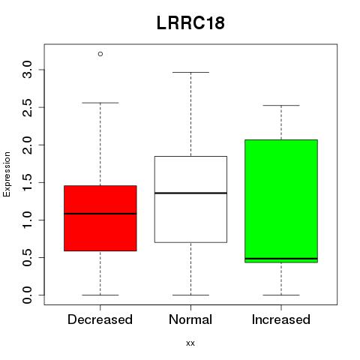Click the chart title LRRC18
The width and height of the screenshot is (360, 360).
point(190,23)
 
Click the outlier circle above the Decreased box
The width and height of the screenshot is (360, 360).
point(100,54)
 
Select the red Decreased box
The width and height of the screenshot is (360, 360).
point(100,218)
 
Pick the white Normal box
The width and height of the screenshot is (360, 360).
point(190,199)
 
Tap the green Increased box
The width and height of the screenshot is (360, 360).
point(281,201)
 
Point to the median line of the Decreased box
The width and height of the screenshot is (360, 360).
point(100,214)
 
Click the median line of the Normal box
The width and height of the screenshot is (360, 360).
point(190,193)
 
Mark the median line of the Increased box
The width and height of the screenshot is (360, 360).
point(281,259)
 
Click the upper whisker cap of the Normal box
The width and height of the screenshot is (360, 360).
point(190,72)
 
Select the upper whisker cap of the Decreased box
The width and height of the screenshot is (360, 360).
point(100,103)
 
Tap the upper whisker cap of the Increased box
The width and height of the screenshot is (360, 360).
point(281,106)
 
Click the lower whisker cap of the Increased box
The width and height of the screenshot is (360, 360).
point(281,295)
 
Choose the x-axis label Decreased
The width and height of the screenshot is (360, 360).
point(100,319)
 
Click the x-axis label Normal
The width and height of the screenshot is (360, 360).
point(190,319)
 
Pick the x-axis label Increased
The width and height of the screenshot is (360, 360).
point(281,319)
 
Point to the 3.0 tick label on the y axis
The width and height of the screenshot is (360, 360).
point(27,70)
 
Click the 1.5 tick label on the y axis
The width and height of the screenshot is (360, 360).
point(27,182)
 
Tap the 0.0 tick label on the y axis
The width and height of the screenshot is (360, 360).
point(27,295)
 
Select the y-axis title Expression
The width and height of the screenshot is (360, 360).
point(7,174)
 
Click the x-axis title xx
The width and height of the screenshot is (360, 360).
point(190,343)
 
